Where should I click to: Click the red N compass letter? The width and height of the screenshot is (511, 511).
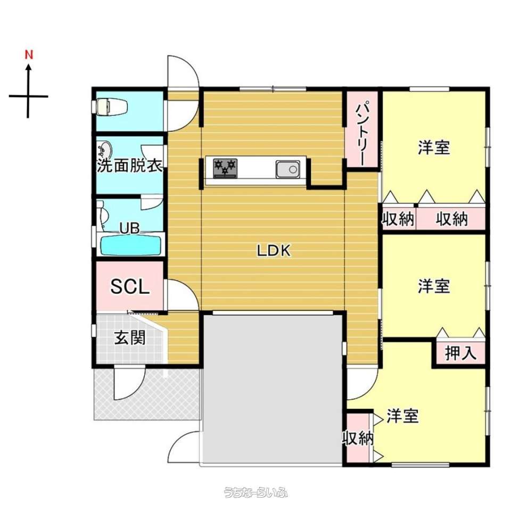click(x=29, y=54)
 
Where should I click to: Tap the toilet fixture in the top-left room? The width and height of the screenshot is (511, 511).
click(x=111, y=106)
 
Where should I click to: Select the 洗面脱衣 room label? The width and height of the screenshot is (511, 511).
click(x=130, y=166)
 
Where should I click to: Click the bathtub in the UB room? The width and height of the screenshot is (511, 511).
click(x=130, y=246)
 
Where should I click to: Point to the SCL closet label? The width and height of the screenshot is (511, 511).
click(x=130, y=287)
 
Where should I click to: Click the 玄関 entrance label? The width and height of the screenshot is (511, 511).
click(x=130, y=337)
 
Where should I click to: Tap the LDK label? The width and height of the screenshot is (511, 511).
click(x=274, y=251)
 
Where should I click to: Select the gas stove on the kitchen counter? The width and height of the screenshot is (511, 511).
click(x=225, y=168)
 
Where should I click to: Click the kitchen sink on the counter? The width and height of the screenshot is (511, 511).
click(x=288, y=169)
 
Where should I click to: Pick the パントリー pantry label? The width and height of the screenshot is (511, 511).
click(x=362, y=133)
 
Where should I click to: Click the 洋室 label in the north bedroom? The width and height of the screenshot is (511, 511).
click(x=434, y=147)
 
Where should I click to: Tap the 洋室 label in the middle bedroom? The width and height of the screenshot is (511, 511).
click(x=434, y=286)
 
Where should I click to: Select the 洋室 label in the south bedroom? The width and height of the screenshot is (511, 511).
click(x=402, y=416)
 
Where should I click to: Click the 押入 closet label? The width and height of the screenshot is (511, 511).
click(x=460, y=353)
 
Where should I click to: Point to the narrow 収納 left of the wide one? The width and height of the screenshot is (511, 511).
click(x=398, y=218)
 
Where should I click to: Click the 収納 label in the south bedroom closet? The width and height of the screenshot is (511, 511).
click(x=358, y=438)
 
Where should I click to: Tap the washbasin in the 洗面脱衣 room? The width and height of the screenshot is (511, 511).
click(x=105, y=151)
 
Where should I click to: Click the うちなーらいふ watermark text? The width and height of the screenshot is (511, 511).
click(x=256, y=492)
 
